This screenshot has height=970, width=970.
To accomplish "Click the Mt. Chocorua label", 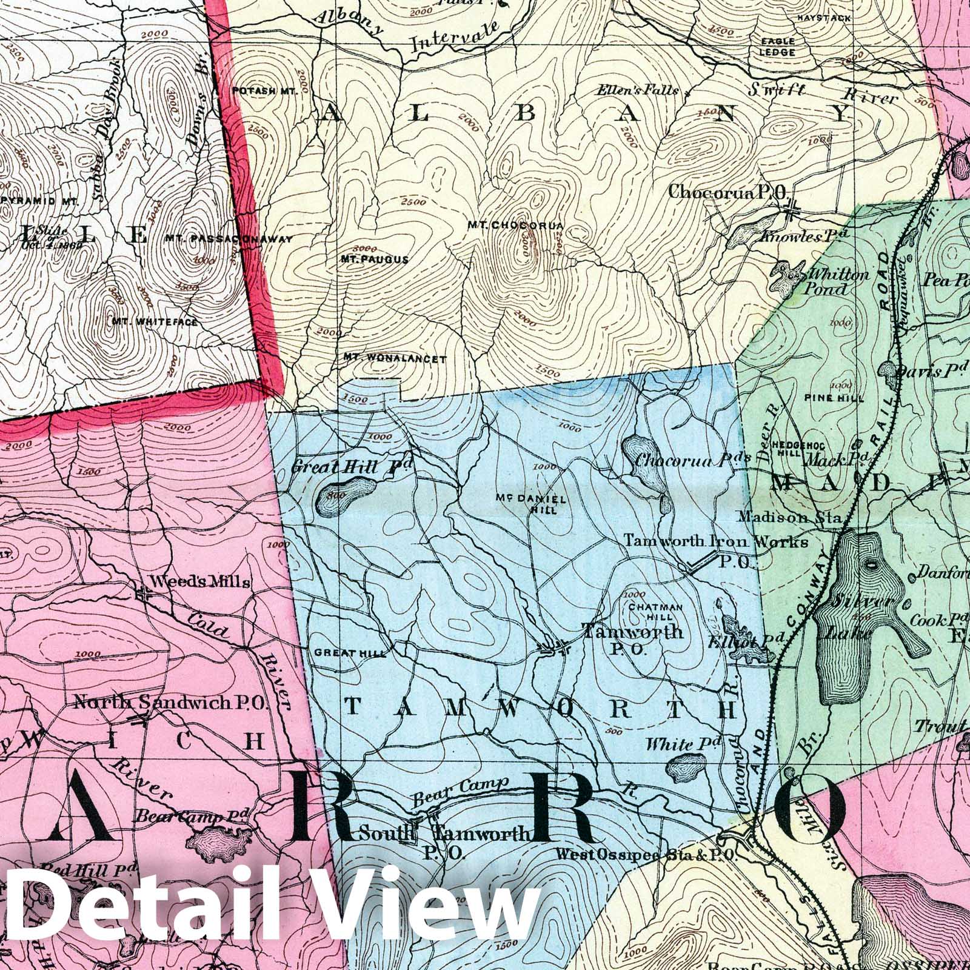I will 515,226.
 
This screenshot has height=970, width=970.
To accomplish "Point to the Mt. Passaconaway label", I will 229,239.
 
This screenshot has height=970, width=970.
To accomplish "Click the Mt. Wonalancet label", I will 395,359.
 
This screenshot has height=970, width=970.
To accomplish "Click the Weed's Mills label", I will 200,582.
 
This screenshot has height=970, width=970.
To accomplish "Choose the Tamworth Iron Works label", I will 716,541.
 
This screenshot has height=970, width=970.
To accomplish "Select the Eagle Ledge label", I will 779,47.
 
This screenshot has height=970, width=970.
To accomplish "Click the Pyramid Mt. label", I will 39,200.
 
